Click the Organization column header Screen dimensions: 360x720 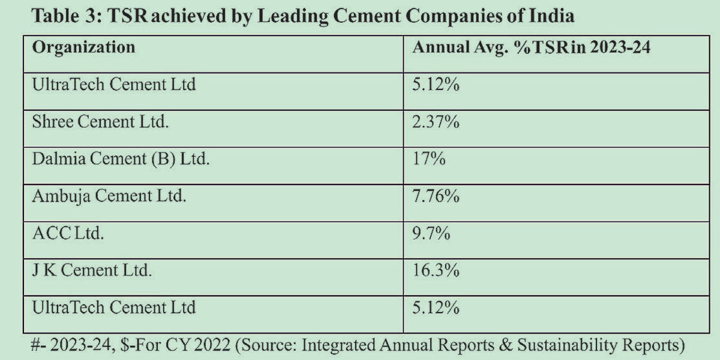[x=83, y=47]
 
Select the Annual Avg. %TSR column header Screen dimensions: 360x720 [x=531, y=47]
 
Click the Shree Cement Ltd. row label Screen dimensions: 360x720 [x=100, y=122]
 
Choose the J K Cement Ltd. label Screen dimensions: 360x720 [x=92, y=271]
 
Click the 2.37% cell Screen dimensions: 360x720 [x=436, y=122]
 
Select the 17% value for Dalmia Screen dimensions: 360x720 [x=428, y=160]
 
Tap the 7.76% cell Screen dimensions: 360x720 [x=436, y=196]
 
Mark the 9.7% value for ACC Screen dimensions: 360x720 [x=431, y=233]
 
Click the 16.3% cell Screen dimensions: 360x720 [x=436, y=271]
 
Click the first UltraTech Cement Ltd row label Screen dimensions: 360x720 [x=114, y=85]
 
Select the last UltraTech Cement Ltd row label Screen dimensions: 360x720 [x=114, y=308]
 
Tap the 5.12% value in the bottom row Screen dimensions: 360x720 [x=436, y=308]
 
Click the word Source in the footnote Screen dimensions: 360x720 [x=277, y=346]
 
